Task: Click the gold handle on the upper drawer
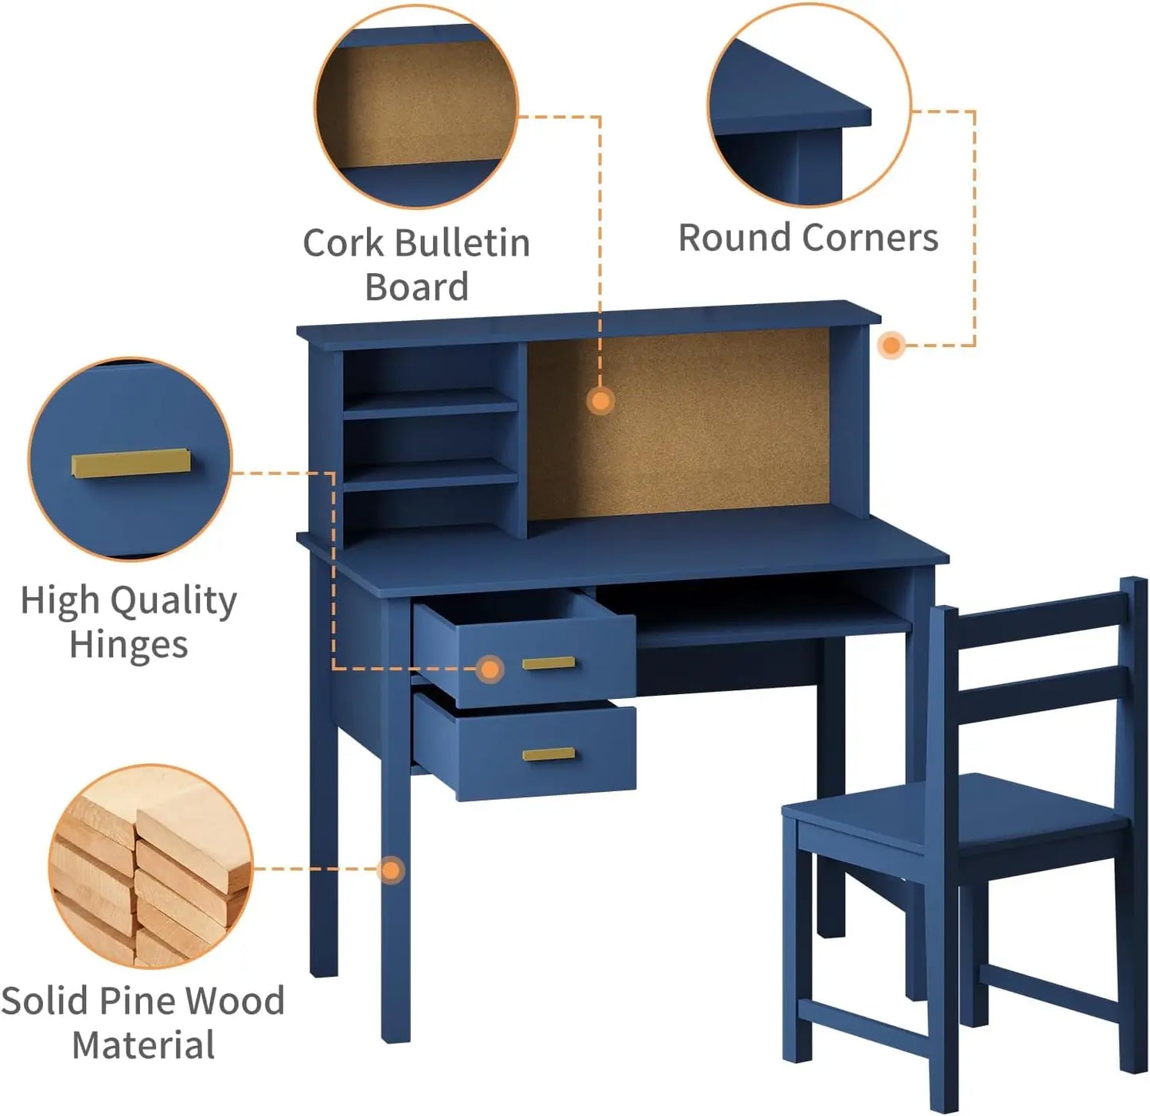point(548,663)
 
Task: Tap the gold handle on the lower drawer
point(548,754)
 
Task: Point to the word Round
point(735,237)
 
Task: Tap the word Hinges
point(128,645)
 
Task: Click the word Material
point(143,1045)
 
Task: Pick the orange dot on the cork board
point(601,400)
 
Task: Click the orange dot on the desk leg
point(390,870)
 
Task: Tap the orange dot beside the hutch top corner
point(891,345)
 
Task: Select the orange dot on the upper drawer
point(490,669)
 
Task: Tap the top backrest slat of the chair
point(1035,625)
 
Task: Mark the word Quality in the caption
point(173,601)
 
